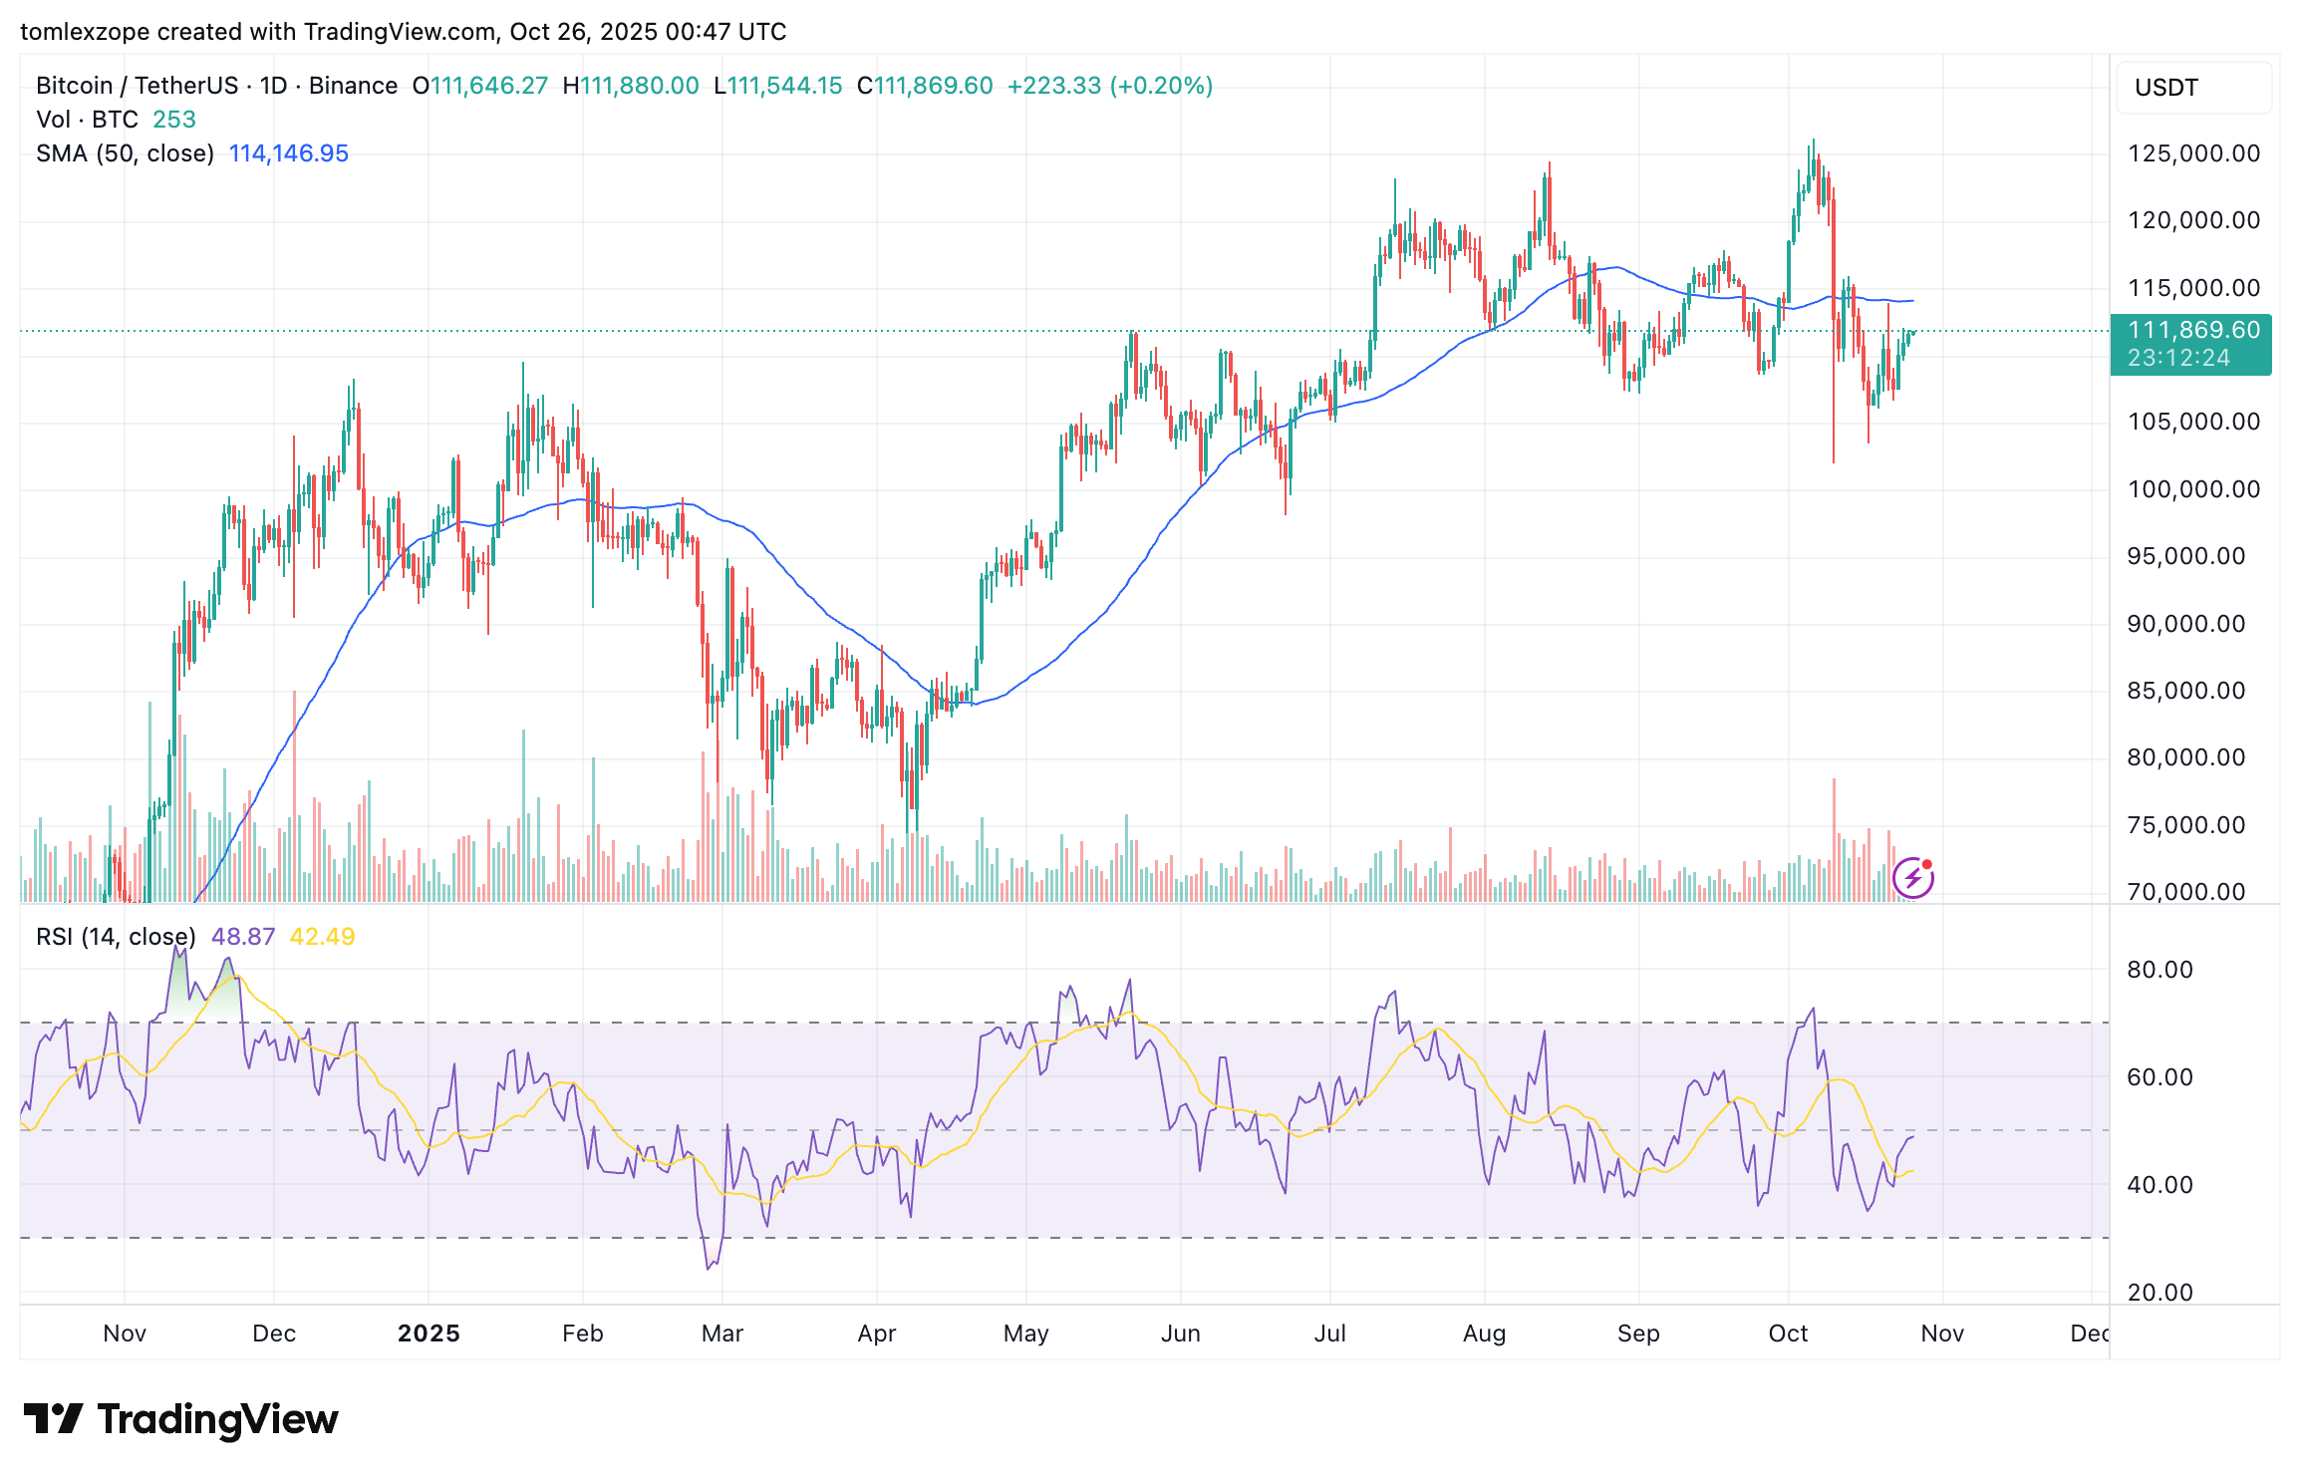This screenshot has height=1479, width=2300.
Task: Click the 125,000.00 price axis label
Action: click(x=2193, y=153)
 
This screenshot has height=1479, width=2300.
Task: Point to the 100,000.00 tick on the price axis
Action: click(x=2193, y=489)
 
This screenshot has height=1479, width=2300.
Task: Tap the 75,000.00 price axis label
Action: click(x=2185, y=825)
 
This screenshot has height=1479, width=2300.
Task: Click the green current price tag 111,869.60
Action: click(x=2192, y=331)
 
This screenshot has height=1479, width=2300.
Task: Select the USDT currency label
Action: click(x=2166, y=88)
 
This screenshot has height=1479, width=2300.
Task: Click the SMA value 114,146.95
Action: click(x=289, y=153)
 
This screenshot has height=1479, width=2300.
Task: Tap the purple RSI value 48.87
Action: click(x=243, y=937)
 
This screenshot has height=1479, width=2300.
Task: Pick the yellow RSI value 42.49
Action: click(x=322, y=937)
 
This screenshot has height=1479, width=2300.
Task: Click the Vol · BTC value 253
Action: click(x=174, y=120)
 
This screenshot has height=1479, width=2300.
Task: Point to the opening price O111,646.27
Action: click(x=480, y=86)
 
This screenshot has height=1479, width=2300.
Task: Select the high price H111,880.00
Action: click(x=631, y=86)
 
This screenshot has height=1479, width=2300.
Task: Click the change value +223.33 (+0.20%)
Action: click(x=1110, y=86)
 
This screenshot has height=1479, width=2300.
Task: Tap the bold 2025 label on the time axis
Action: click(x=429, y=1333)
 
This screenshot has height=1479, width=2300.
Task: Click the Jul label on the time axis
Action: click(x=1329, y=1333)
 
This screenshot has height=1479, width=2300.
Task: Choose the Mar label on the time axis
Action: click(x=722, y=1333)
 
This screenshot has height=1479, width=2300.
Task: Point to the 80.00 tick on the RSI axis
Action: click(x=2159, y=970)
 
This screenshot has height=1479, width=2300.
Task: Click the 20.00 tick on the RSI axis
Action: click(x=2159, y=1293)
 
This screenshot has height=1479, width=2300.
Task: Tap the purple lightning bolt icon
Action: click(x=1913, y=878)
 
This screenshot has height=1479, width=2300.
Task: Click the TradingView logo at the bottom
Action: click(x=181, y=1419)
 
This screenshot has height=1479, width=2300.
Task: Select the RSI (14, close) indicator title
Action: click(x=116, y=937)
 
